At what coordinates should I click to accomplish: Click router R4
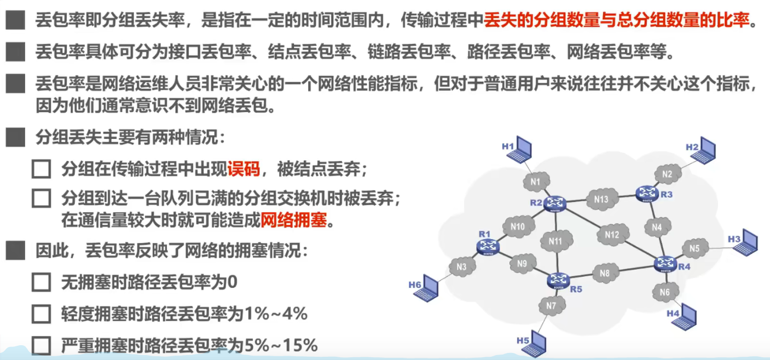click(x=666, y=264)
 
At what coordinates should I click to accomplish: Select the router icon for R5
click(x=558, y=281)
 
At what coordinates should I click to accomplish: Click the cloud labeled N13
click(x=601, y=200)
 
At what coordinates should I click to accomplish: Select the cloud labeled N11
click(x=555, y=241)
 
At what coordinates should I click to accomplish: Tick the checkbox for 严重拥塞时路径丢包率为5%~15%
click(x=42, y=345)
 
